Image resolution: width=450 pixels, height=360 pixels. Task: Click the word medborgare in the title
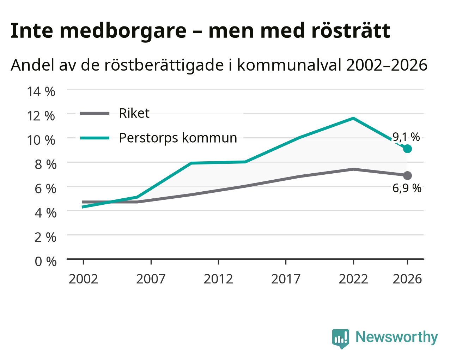(123, 31)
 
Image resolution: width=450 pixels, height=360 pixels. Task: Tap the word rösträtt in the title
(351, 31)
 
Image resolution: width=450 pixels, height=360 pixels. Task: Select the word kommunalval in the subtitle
(290, 65)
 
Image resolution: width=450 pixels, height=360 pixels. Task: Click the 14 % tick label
(41, 92)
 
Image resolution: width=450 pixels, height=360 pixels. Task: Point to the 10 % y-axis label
(41, 140)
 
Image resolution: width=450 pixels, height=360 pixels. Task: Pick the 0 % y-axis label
(45, 262)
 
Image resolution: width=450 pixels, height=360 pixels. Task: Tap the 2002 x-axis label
(83, 279)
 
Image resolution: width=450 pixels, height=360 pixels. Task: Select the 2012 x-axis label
(218, 279)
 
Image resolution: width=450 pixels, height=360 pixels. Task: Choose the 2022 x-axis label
(353, 279)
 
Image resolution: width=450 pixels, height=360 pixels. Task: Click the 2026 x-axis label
(407, 279)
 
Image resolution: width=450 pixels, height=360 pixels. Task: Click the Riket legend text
(134, 113)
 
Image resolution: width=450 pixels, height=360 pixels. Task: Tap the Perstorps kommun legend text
(178, 138)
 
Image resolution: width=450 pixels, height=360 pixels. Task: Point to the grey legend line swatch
(95, 113)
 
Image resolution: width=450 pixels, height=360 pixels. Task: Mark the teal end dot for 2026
(407, 149)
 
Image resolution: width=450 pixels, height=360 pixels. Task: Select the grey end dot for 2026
(407, 175)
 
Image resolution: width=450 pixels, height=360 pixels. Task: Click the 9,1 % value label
(406, 137)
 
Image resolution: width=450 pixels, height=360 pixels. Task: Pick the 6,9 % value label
(407, 188)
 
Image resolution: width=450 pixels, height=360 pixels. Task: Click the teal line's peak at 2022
(353, 119)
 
